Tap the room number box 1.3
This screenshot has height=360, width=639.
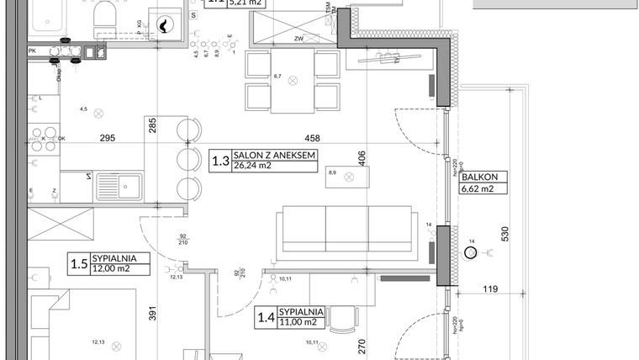click(219, 160)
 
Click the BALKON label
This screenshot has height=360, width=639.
click(480, 177)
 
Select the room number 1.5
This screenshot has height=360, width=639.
click(79, 264)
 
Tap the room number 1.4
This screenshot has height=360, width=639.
click(266, 317)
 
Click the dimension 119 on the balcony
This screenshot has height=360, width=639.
click(490, 289)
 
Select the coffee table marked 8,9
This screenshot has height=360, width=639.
click(347, 177)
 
